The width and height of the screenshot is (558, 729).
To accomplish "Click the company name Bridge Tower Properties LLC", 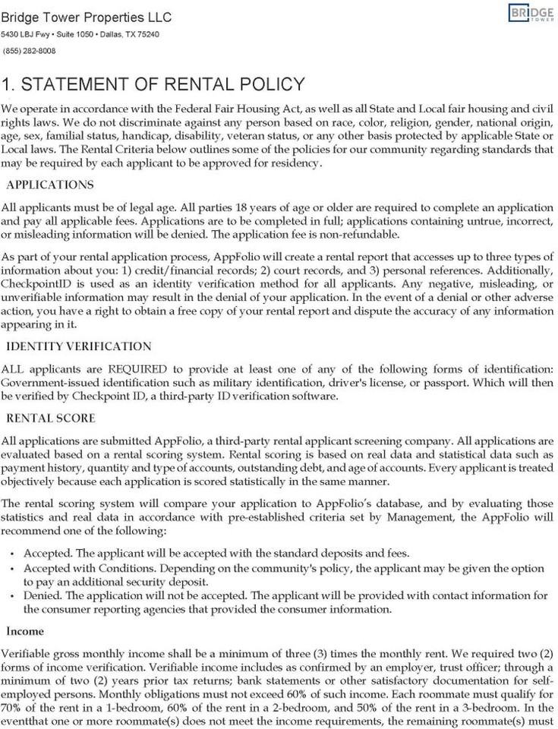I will pyautogui.click(x=86, y=17).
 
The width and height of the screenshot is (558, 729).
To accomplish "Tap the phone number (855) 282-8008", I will pyautogui.click(x=30, y=51).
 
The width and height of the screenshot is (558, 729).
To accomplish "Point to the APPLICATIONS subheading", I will pyautogui.click(x=50, y=185).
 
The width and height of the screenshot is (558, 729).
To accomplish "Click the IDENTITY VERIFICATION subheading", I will pyautogui.click(x=79, y=346).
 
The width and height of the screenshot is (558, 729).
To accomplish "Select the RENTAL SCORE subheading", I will pyautogui.click(x=51, y=418).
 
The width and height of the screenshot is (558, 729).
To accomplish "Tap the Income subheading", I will pyautogui.click(x=25, y=631).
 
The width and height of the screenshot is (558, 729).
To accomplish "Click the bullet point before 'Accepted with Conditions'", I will pyautogui.click(x=13, y=569).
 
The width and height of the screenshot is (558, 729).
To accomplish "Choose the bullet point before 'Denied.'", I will pyautogui.click(x=13, y=596).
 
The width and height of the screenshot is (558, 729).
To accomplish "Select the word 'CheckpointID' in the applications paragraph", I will pyautogui.click(x=36, y=283).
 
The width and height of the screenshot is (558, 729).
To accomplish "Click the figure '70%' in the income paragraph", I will pyautogui.click(x=13, y=707).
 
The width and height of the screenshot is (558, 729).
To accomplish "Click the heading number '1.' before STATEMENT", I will pyautogui.click(x=9, y=84).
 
